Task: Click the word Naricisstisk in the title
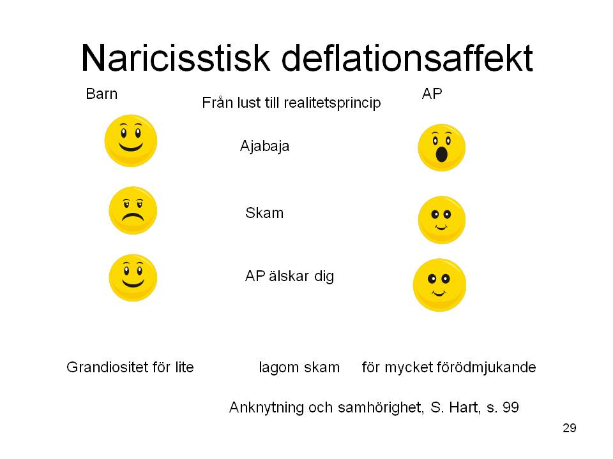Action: point(176,58)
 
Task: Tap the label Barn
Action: point(102,94)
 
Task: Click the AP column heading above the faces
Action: point(432,94)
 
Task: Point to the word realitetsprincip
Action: point(332,103)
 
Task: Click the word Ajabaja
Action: point(264,147)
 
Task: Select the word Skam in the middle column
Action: point(264,213)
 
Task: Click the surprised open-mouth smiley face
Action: point(441,147)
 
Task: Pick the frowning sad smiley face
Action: point(133,210)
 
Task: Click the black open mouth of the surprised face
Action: point(441,154)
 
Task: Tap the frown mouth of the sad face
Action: point(133,217)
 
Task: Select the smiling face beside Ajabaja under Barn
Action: point(130,140)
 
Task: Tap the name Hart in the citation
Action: point(465,407)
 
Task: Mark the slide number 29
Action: point(570,428)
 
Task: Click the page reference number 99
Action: point(511,407)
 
